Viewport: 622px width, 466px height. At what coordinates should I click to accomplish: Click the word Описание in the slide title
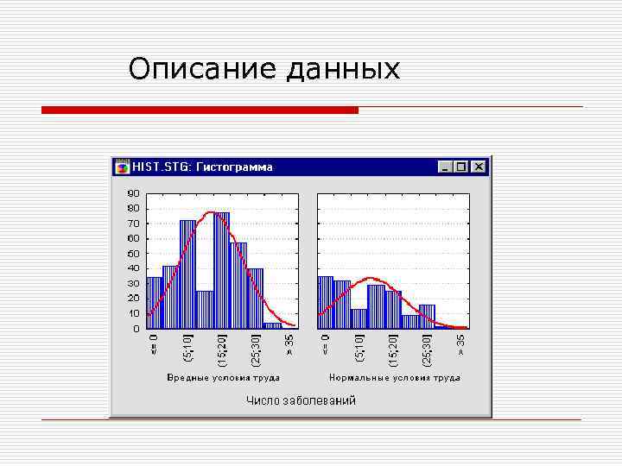coord(204,68)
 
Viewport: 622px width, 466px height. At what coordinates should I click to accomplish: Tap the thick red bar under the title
coord(200,110)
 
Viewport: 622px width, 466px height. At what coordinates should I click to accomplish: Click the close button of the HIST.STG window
coord(479,167)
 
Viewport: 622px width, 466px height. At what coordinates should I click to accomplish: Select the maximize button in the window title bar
coord(462,167)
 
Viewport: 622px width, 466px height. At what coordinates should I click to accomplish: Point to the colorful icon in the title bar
coord(123,167)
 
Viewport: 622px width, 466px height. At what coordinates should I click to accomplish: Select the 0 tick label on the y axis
coord(136,328)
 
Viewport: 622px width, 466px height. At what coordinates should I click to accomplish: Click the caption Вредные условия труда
coord(223,377)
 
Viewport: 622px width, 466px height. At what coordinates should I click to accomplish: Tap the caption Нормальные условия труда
coord(394,377)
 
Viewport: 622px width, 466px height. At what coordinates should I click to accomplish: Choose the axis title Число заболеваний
coord(301,400)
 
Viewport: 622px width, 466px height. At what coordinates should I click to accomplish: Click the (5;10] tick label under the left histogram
coord(188,349)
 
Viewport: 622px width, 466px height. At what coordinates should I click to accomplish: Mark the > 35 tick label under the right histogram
coord(461,345)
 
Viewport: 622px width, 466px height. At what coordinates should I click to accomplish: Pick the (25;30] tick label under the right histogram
coord(427,349)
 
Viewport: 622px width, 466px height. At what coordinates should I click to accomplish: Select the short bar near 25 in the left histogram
coord(205,310)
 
